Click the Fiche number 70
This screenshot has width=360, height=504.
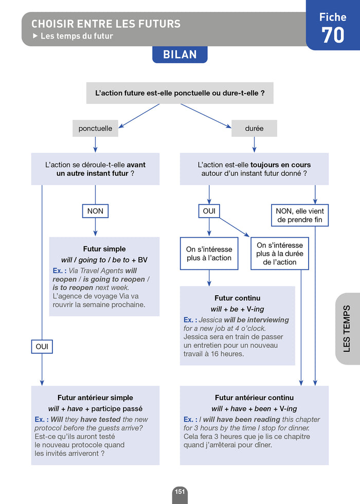pyautogui.click(x=333, y=35)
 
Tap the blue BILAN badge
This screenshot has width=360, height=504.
pyautogui.click(x=179, y=55)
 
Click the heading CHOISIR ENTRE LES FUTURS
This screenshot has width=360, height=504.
pyautogui.click(x=106, y=24)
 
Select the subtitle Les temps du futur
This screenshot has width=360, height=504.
pyautogui.click(x=76, y=36)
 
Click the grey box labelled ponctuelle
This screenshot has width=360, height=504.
pyautogui.click(x=95, y=128)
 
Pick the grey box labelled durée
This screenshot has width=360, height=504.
pyautogui.click(x=254, y=128)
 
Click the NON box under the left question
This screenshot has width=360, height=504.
pyautogui.click(x=95, y=211)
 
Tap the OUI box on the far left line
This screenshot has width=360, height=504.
pyautogui.click(x=42, y=347)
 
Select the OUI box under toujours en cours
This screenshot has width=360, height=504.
pyautogui.click(x=209, y=211)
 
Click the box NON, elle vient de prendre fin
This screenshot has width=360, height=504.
pyautogui.click(x=301, y=215)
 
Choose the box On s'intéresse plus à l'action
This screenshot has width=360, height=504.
pyautogui.click(x=209, y=253)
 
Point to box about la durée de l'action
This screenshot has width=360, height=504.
pyautogui.click(x=280, y=254)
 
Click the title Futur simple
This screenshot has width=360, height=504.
pyautogui.click(x=104, y=249)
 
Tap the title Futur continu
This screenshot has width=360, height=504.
pyautogui.click(x=237, y=298)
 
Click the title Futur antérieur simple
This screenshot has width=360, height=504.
pyautogui.click(x=95, y=398)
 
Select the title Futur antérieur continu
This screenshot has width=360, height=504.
pyautogui.click(x=254, y=398)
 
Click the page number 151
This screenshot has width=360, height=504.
pyautogui.click(x=179, y=492)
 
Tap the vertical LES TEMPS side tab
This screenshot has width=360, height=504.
pyautogui.click(x=347, y=329)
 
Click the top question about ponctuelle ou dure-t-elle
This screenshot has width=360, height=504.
pyautogui.click(x=179, y=94)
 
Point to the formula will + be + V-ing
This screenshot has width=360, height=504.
pyautogui.click(x=237, y=309)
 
